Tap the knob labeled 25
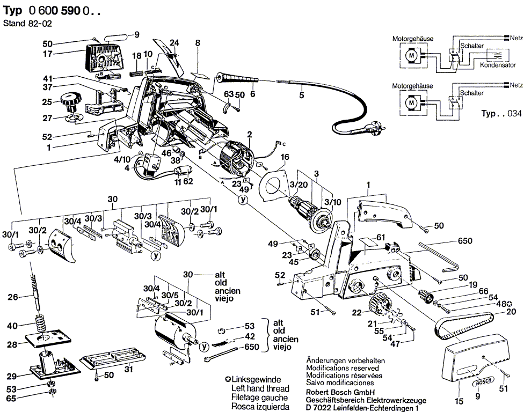click(x=71, y=102)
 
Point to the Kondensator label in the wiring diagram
click(x=498, y=64)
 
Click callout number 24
click(x=174, y=42)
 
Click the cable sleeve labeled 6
click(x=238, y=79)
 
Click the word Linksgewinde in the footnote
click(x=256, y=379)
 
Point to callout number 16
click(x=285, y=157)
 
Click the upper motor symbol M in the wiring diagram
click(x=412, y=55)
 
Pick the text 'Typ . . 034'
click(x=501, y=113)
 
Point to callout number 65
click(x=11, y=399)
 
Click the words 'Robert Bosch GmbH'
click(x=340, y=393)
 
